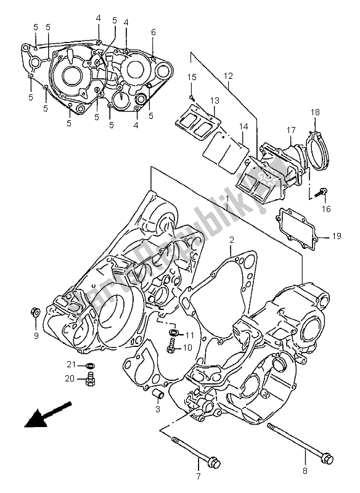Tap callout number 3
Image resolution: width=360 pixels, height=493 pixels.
point(158,409)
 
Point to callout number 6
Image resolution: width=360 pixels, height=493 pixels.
point(153,32)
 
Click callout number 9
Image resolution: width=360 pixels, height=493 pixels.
point(36,336)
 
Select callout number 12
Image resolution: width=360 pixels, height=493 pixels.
point(228,76)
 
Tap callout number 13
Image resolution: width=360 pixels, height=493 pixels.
point(214,101)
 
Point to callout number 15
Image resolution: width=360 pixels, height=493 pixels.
point(192,77)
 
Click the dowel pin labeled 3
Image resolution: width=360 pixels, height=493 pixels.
point(158,394)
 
